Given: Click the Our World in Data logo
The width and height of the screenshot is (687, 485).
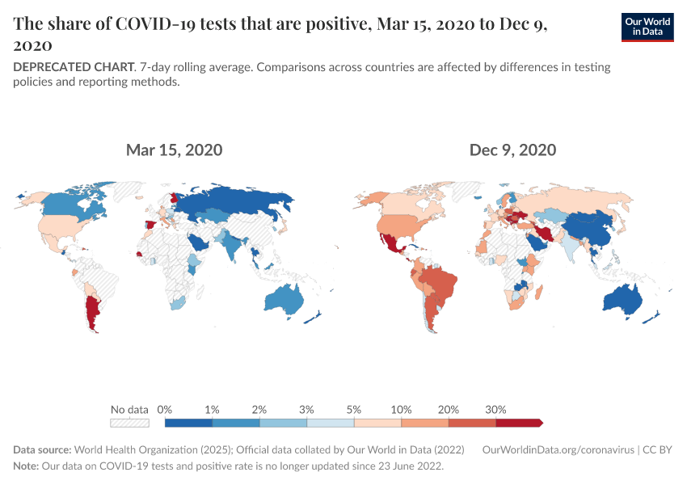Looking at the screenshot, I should pos(647,27).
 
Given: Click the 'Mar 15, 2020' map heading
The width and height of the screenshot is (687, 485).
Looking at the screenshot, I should pos(174,150).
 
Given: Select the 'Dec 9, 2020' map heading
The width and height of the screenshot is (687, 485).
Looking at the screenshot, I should pos(512,150).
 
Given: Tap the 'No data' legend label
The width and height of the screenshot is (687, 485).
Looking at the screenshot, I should pos(129,409).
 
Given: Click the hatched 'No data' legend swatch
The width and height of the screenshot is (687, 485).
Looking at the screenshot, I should pos(129,422).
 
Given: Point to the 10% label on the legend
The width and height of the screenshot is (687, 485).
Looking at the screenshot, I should pos(402,409).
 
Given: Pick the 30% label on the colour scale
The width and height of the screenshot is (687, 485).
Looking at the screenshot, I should pos(495,409).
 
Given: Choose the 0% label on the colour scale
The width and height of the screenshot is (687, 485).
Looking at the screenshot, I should pos(165,409).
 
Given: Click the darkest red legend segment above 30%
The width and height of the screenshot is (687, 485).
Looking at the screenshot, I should pos(517,422).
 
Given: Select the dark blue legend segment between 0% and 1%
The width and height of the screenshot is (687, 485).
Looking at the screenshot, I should pos(188,422).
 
